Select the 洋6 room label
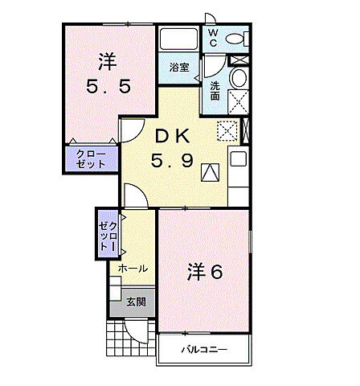206,272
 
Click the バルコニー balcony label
203,349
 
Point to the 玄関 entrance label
136,302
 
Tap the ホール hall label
133,269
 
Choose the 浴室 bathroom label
179,68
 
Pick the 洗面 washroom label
215,91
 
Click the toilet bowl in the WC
235,39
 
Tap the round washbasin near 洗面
238,78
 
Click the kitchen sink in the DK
239,158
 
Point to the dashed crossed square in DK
227,129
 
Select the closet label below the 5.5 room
91,158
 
